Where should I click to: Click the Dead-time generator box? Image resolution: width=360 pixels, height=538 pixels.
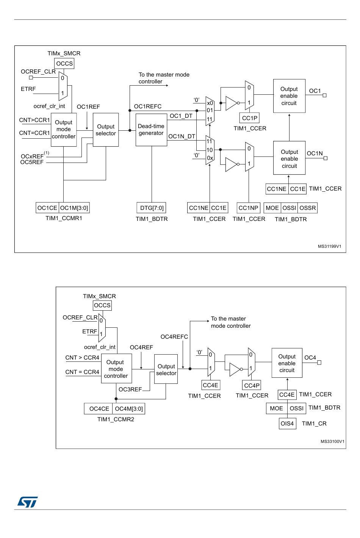[x=151, y=130]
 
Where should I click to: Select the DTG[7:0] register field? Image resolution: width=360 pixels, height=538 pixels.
[x=152, y=208]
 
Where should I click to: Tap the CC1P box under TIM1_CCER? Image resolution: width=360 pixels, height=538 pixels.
[x=249, y=118]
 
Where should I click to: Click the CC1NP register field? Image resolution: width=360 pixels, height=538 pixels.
[x=248, y=208]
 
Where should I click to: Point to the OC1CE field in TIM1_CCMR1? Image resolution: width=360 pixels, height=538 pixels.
[x=47, y=208]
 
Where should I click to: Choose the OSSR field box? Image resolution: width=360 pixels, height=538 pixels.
[x=307, y=208]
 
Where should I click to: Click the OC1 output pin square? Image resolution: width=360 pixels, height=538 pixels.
[x=324, y=95]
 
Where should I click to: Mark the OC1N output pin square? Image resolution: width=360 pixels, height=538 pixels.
[x=326, y=158]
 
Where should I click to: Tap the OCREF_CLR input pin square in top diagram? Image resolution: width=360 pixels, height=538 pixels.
[x=31, y=78]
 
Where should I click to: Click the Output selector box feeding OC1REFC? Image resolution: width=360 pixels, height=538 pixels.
[x=106, y=130]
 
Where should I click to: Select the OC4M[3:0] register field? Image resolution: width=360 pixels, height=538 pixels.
[x=129, y=408]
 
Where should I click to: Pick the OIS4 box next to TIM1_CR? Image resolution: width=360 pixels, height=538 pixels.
[x=287, y=424]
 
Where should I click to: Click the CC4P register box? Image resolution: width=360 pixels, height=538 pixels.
[x=252, y=385]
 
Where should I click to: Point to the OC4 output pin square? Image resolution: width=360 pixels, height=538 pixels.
[x=319, y=363]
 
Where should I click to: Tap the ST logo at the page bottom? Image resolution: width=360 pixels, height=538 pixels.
[x=27, y=502]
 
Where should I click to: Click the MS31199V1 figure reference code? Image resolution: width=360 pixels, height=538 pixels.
[x=330, y=246]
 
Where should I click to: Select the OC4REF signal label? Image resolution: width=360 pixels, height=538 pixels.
[x=141, y=347]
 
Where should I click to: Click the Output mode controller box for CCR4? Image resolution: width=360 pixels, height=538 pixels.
[x=116, y=368]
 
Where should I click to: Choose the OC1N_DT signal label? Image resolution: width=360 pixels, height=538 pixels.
[x=182, y=136]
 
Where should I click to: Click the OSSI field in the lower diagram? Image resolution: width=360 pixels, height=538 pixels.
[x=297, y=408]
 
